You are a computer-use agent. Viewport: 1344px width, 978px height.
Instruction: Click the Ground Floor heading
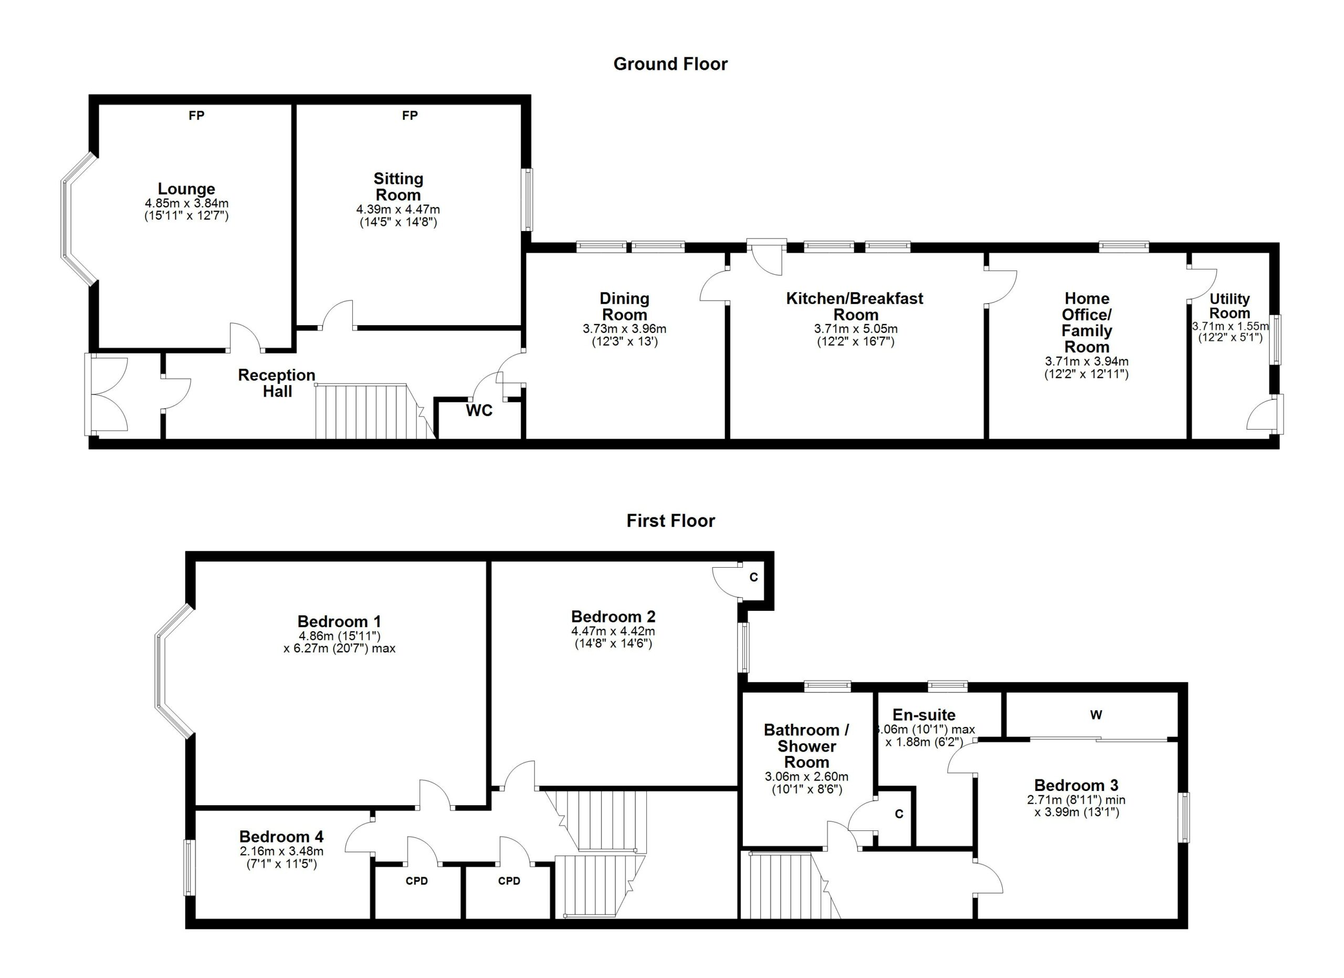pyautogui.click(x=670, y=64)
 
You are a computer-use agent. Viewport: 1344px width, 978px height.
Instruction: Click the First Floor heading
pyautogui.click(x=670, y=521)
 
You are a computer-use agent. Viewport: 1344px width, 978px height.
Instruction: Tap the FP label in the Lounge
pyautogui.click(x=196, y=116)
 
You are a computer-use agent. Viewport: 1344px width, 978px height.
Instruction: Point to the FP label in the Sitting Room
pyautogui.click(x=409, y=116)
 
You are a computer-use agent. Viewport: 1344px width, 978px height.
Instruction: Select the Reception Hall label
pyautogui.click(x=277, y=383)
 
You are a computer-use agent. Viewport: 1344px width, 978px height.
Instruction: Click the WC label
pyautogui.click(x=479, y=411)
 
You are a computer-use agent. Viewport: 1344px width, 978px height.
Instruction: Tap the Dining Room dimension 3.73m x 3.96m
pyautogui.click(x=624, y=329)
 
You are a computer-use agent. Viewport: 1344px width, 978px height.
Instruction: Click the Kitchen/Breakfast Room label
pyautogui.click(x=855, y=306)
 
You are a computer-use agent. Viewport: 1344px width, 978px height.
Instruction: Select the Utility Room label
pyautogui.click(x=1230, y=306)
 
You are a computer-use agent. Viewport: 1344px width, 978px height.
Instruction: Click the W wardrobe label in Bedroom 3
pyautogui.click(x=1096, y=715)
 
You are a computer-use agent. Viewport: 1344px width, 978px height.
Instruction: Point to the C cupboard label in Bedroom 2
pyautogui.click(x=753, y=577)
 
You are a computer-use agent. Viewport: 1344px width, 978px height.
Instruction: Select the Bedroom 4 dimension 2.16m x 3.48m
pyautogui.click(x=281, y=851)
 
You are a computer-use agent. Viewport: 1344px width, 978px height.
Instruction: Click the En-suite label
pyautogui.click(x=924, y=715)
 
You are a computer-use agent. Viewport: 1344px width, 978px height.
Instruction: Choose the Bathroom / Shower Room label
pyautogui.click(x=806, y=746)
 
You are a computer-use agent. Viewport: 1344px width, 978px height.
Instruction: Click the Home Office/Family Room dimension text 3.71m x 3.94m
pyautogui.click(x=1086, y=361)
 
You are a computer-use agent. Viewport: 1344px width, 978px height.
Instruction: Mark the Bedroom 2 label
pyautogui.click(x=613, y=617)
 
